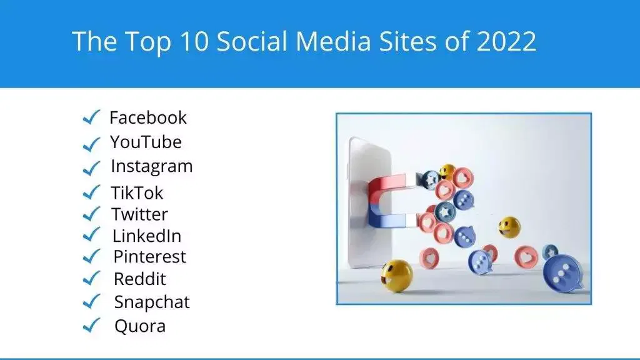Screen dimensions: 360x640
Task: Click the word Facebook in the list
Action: point(148,117)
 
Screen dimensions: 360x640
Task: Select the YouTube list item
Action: point(146,142)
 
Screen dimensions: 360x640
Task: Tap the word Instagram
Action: point(152,166)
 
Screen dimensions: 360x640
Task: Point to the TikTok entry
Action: point(137,192)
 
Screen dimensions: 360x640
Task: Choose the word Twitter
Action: point(140,214)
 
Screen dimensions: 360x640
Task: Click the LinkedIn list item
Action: point(147,236)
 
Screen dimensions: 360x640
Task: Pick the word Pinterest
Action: point(149,257)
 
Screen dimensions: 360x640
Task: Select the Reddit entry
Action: point(140,279)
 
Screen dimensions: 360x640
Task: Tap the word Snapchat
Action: point(152,302)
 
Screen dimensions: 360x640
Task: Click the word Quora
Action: point(140,326)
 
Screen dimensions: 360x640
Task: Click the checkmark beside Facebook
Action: point(91,117)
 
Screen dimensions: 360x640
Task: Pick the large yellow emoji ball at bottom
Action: point(397,275)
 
